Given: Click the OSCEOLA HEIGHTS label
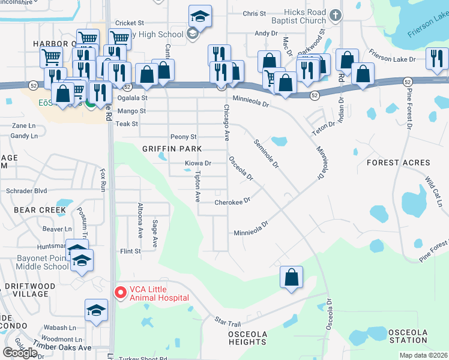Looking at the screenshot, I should [x=247, y=337].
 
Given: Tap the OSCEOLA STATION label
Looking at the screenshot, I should [x=408, y=337].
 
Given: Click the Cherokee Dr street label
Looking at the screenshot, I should [x=232, y=202].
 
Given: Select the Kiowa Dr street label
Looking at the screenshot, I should [x=197, y=163].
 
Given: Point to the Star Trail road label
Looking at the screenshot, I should [x=227, y=322].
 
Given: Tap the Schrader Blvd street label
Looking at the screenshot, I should [x=26, y=191].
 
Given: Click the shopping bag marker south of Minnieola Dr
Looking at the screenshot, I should [x=291, y=278].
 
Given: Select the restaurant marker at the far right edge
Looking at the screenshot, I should [x=437, y=58].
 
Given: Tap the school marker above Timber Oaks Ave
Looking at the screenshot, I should [x=96, y=310].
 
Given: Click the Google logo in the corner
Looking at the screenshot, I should [x=20, y=352].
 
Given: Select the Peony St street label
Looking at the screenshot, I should [x=183, y=137].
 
